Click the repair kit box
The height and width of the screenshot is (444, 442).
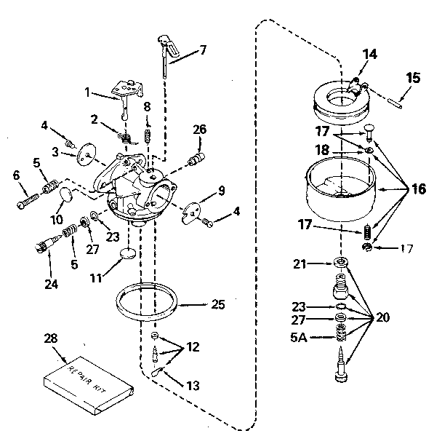[89, 384]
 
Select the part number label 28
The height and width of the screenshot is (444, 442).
[49, 339]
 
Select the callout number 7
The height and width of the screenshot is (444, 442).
[202, 50]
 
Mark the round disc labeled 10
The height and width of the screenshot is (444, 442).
[64, 194]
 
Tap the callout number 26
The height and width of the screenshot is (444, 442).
[200, 131]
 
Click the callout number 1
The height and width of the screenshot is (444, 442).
[88, 93]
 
